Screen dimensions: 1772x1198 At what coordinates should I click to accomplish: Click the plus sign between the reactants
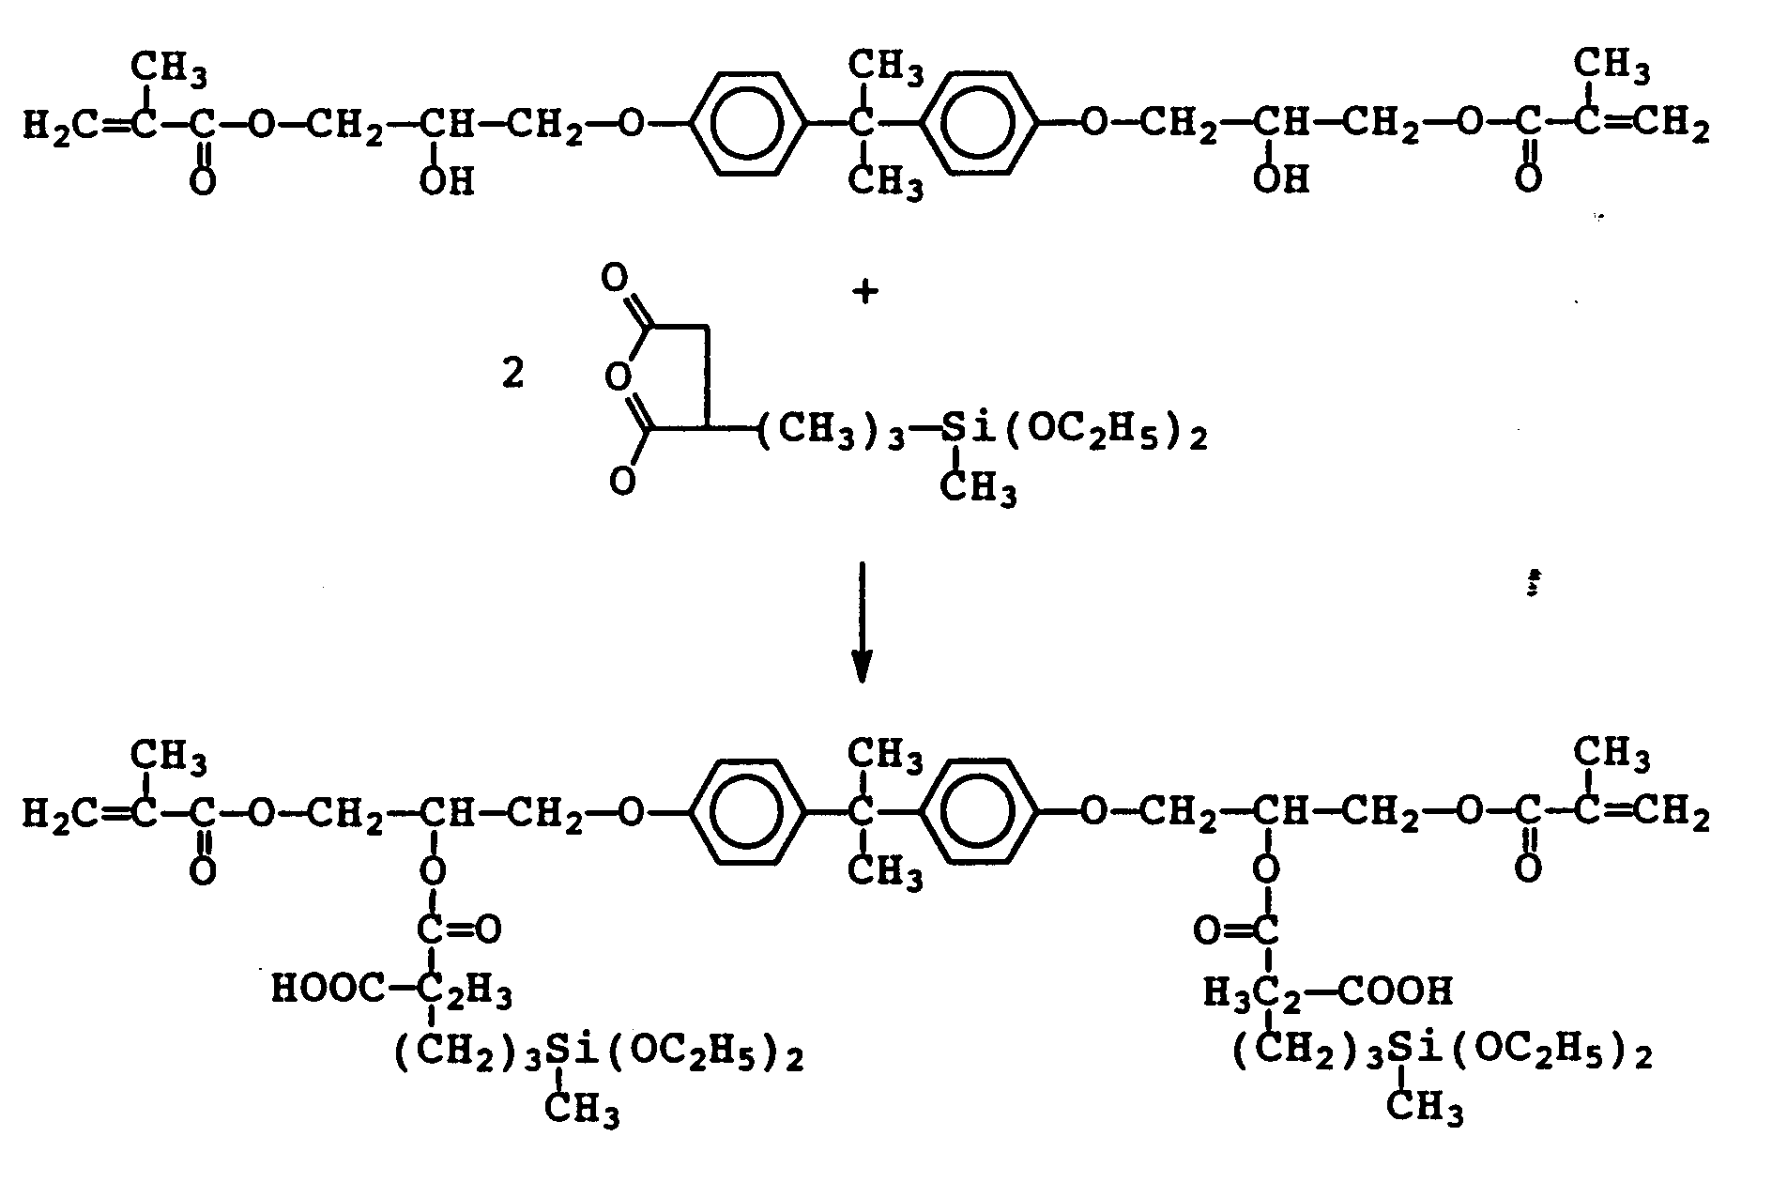coord(864,293)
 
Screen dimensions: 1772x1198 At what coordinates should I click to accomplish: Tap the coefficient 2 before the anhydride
coord(513,375)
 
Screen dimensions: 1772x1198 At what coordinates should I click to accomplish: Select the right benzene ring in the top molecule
coord(983,123)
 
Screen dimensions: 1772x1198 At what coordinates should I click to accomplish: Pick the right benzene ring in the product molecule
coord(983,811)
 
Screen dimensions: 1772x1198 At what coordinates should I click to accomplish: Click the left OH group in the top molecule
coord(446,179)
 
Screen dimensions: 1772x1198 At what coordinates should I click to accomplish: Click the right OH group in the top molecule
coord(1279,179)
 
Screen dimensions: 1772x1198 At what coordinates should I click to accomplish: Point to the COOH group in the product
coord(1395,990)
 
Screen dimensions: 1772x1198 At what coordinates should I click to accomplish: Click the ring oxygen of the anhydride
coord(616,376)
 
